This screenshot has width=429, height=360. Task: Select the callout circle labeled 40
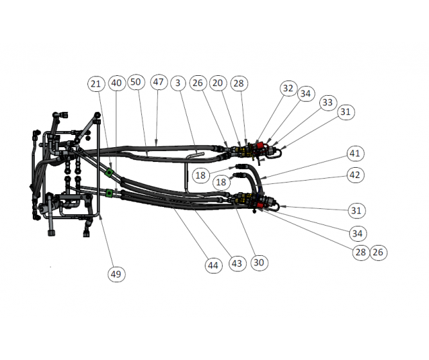pos(116,83)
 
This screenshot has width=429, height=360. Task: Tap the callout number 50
pos(135,82)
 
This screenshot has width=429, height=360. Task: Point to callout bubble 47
pos(159,82)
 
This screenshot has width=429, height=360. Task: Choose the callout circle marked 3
pos(179,83)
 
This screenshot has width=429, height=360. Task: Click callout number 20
pos(218,83)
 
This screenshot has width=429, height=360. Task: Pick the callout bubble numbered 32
pos(288,88)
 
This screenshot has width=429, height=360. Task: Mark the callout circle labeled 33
pos(328,102)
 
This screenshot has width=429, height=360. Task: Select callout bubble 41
pos(355,154)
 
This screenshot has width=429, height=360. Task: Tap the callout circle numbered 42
pos(355,174)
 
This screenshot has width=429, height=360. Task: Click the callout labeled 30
pos(259,262)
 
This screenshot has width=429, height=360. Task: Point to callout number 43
pos(237,264)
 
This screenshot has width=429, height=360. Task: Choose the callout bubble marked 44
pos(213,265)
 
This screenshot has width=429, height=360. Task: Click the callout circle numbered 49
pos(116,274)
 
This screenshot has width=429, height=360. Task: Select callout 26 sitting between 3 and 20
pos(198,83)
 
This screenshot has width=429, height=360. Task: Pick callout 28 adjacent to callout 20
pos(238,83)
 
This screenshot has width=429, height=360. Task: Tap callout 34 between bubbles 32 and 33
pos(306,94)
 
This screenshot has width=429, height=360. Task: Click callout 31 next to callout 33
pos(346,112)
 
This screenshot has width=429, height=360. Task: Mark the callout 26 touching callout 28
pos(378,252)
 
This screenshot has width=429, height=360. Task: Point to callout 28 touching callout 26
pos(360,252)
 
